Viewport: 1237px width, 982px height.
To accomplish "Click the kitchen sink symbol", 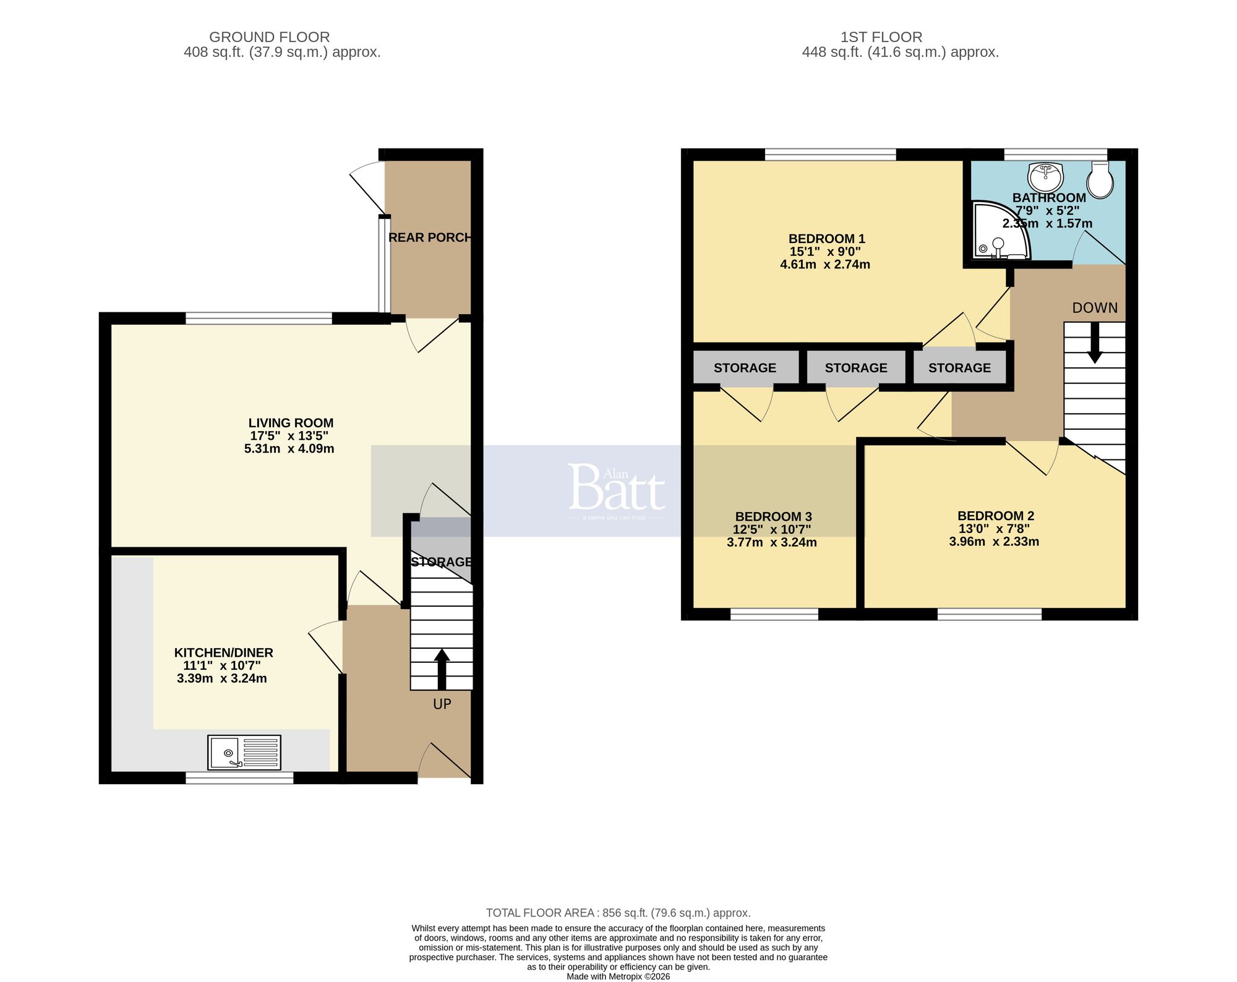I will click(x=244, y=752).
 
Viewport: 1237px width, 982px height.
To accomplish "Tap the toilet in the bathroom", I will click(x=1100, y=180).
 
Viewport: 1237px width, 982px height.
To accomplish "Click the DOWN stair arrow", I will click(x=1095, y=343).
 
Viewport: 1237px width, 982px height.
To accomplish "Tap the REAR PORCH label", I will click(x=430, y=237).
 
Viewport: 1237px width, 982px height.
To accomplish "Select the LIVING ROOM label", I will click(x=291, y=423).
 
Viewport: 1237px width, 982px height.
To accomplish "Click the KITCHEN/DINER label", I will click(x=223, y=652).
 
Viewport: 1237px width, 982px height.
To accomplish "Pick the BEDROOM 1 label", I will click(x=826, y=239).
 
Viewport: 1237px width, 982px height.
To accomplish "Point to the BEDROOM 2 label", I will click(x=995, y=516).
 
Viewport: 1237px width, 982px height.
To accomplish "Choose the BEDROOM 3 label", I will click(x=773, y=516).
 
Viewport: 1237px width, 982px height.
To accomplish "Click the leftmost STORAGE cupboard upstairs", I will click(x=745, y=368).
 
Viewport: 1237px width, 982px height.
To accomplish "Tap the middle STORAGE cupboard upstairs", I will click(x=855, y=368).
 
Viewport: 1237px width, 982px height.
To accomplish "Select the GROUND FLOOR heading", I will click(x=269, y=37).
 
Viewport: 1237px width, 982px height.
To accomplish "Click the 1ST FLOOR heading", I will click(x=881, y=37).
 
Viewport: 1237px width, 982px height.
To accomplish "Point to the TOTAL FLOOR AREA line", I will click(x=618, y=913).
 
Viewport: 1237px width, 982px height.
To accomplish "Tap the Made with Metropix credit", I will click(x=618, y=976).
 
